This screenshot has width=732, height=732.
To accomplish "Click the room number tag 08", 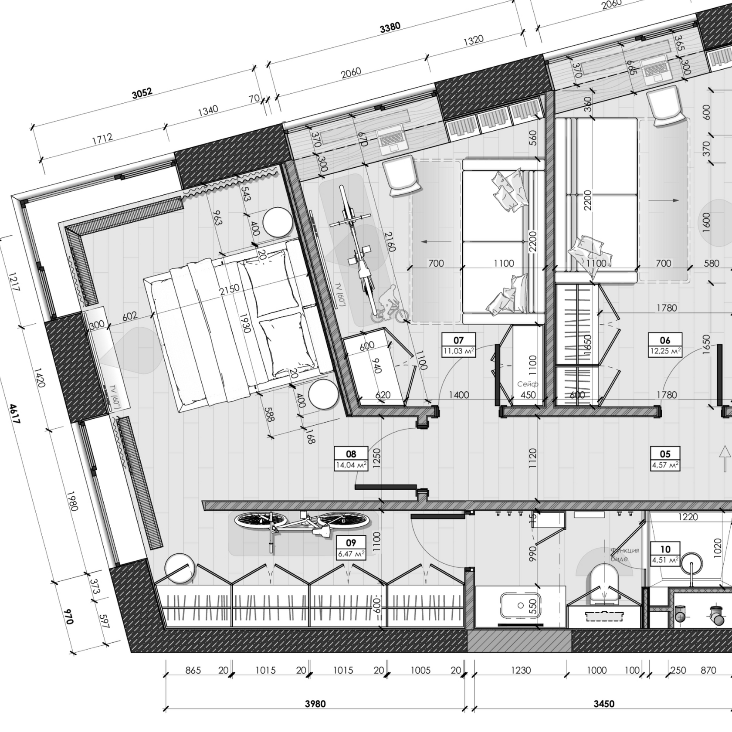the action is point(351,454).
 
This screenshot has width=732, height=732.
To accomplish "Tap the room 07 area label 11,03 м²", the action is point(458,351).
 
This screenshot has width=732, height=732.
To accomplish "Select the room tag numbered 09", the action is point(351,543).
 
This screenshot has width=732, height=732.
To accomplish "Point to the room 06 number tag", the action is point(665,340).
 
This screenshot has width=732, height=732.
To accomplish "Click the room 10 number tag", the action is point(665,549).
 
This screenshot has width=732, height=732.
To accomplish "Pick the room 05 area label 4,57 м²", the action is point(665,465).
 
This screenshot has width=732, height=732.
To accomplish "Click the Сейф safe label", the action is point(528,384).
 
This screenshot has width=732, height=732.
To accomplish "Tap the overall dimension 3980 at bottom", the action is point(315,704).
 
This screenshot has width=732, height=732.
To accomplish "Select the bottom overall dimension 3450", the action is point(604,704).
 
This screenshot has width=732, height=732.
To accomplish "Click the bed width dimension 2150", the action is point(230,290).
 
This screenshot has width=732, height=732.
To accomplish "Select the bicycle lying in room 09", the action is point(304,526).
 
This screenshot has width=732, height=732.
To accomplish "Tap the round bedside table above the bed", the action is point(277,222).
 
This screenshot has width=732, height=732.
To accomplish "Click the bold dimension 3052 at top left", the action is point(142,93).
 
